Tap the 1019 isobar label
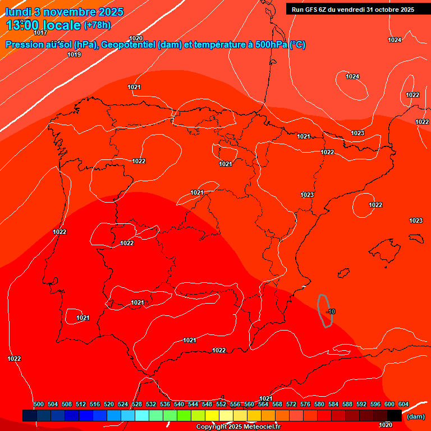(x=74, y=54)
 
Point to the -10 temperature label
(x=331, y=311)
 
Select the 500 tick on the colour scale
(x=39, y=404)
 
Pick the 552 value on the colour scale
(x=221, y=404)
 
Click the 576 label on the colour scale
(x=305, y=404)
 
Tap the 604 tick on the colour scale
(x=404, y=404)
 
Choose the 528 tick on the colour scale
(x=137, y=404)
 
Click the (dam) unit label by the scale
(x=415, y=416)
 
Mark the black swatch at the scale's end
(x=395, y=415)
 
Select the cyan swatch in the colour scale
(x=142, y=415)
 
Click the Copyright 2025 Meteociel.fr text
(x=237, y=427)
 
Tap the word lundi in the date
(x=17, y=12)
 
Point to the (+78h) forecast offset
(x=97, y=25)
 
